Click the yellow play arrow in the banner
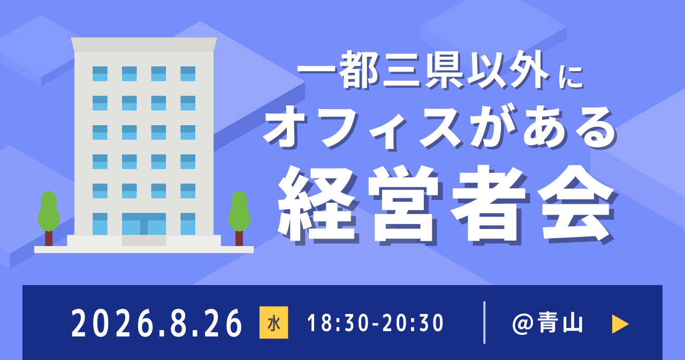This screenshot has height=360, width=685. (x=620, y=324)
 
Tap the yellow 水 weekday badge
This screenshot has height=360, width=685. (x=273, y=323)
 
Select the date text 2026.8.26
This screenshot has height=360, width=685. (x=157, y=324)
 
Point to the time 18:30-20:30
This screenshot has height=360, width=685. (x=376, y=324)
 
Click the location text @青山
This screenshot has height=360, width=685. (x=547, y=324)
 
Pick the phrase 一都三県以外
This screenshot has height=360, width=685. (x=423, y=74)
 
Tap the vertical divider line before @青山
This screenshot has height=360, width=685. (x=484, y=323)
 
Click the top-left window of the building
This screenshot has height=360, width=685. (x=100, y=74)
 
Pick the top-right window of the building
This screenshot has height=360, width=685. (x=188, y=74)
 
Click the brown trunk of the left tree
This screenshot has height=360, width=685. (x=49, y=238)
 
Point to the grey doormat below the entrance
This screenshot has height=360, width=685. (x=143, y=241)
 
